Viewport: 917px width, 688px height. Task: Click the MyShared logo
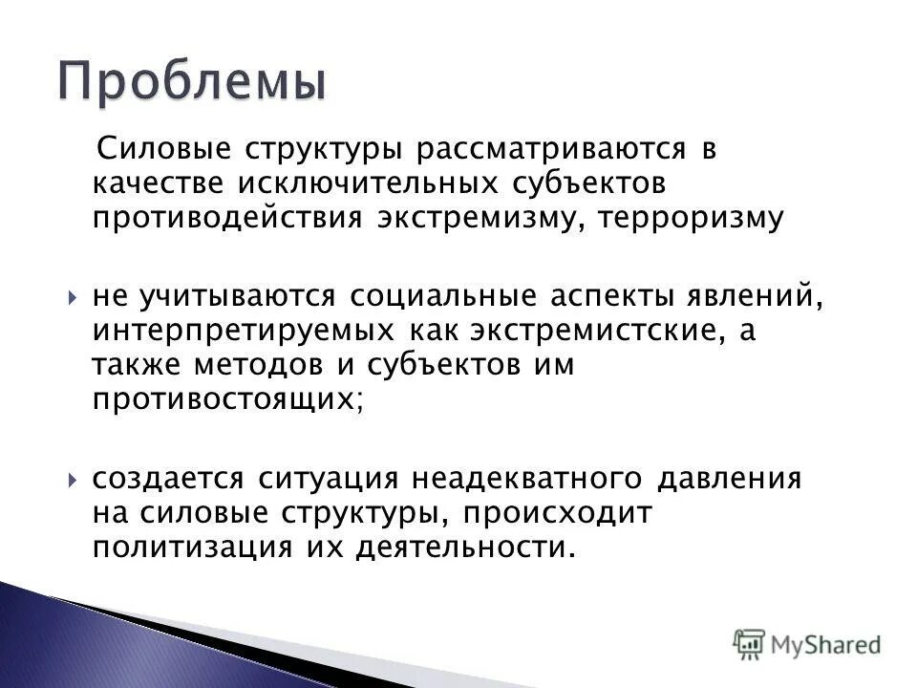[x=807, y=643]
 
